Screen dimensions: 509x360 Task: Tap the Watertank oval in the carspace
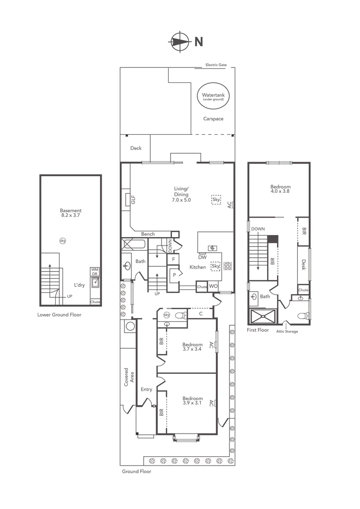[213, 97]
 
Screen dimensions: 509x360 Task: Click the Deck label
[136, 148]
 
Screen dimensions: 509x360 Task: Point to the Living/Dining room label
[181, 194]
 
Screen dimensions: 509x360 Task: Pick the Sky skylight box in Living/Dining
[216, 199]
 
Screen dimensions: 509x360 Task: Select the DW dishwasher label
[202, 257]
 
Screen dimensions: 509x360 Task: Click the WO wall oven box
[213, 286]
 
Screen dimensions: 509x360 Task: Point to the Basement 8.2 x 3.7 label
[71, 213]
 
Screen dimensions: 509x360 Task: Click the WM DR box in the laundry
[95, 271]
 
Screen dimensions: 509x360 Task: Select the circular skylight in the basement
[63, 241]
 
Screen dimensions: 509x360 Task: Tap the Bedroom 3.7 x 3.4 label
[192, 347]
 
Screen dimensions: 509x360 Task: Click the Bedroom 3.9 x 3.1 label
[192, 401]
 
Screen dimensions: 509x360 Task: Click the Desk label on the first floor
[304, 265]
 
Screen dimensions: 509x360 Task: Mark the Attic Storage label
[287, 331]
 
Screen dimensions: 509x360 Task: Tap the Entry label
[147, 389]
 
